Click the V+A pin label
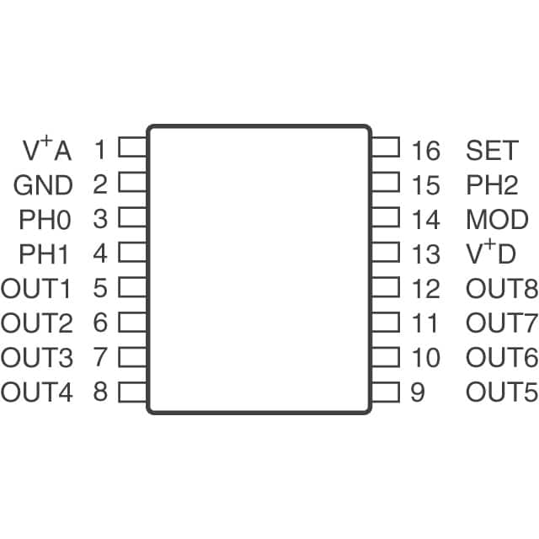tap(47, 150)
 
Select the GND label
tap(43, 185)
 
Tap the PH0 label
tap(45, 220)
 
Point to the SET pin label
tap(492, 151)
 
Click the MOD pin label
tap(497, 220)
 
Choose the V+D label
tap(491, 253)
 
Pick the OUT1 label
tap(36, 289)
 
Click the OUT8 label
tap(501, 289)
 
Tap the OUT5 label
tap(501, 392)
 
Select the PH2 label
tap(493, 185)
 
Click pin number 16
tap(426, 151)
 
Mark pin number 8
tap(100, 392)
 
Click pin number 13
tap(426, 253)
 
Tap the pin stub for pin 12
tap(385, 287)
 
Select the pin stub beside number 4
tap(132, 252)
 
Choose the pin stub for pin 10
tap(385, 356)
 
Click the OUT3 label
tap(36, 358)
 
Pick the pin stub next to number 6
tap(132, 322)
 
